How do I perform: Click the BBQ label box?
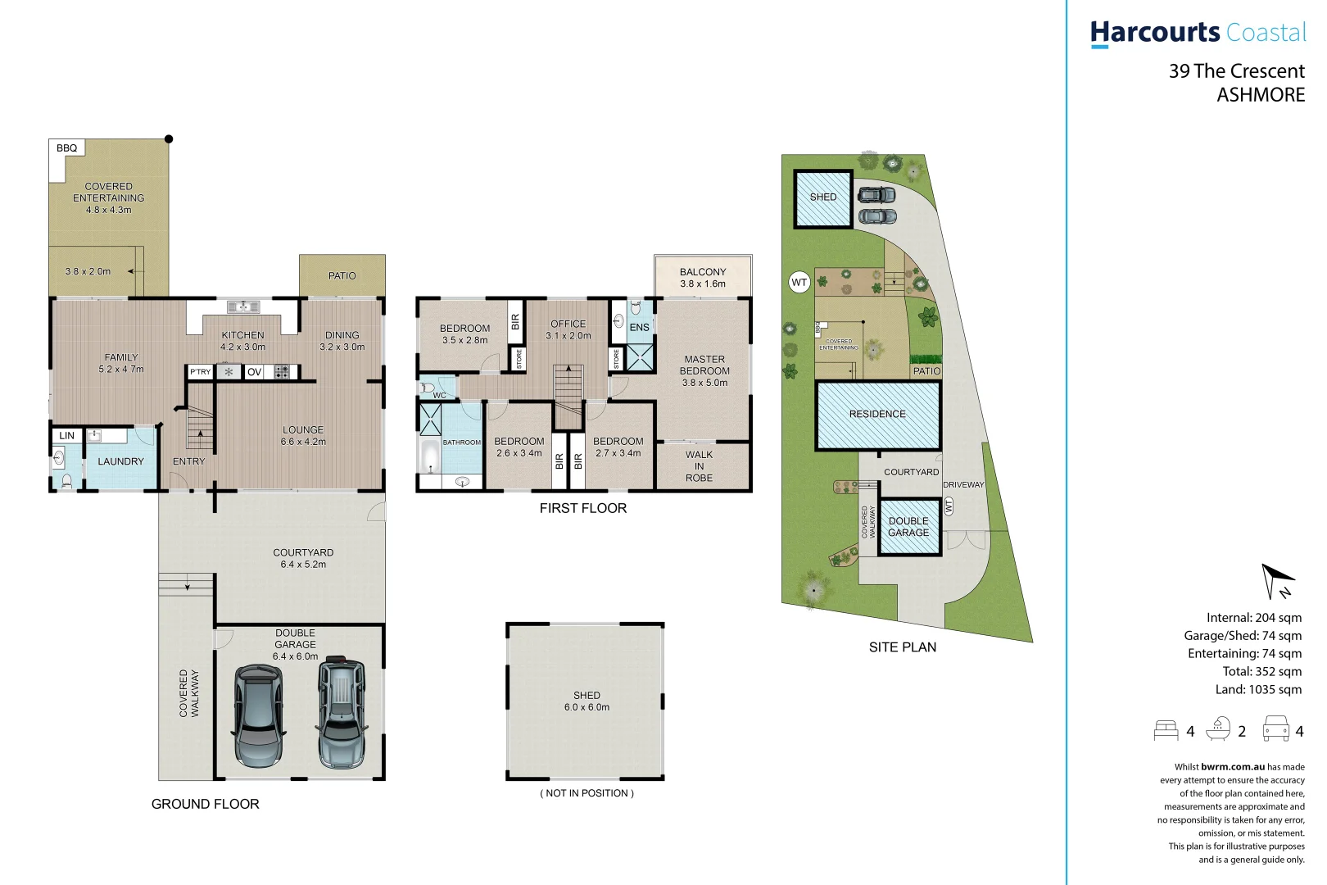click(66, 148)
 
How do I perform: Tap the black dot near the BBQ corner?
click(169, 138)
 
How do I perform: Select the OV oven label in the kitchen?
click(255, 372)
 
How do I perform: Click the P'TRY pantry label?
click(201, 372)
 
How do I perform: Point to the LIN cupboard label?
click(67, 436)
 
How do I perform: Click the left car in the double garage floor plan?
click(259, 715)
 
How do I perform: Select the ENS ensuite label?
click(639, 327)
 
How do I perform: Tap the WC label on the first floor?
click(440, 395)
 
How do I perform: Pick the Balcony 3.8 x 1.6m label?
click(703, 278)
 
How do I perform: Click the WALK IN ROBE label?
click(699, 466)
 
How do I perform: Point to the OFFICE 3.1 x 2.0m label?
click(568, 329)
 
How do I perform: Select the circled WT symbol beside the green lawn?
click(799, 283)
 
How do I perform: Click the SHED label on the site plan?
click(823, 197)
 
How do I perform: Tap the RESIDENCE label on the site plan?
click(877, 415)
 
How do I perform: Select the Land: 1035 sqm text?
click(1258, 689)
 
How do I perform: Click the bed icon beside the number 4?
click(1166, 730)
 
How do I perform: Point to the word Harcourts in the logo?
click(1155, 33)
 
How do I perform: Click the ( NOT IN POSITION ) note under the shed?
click(587, 793)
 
